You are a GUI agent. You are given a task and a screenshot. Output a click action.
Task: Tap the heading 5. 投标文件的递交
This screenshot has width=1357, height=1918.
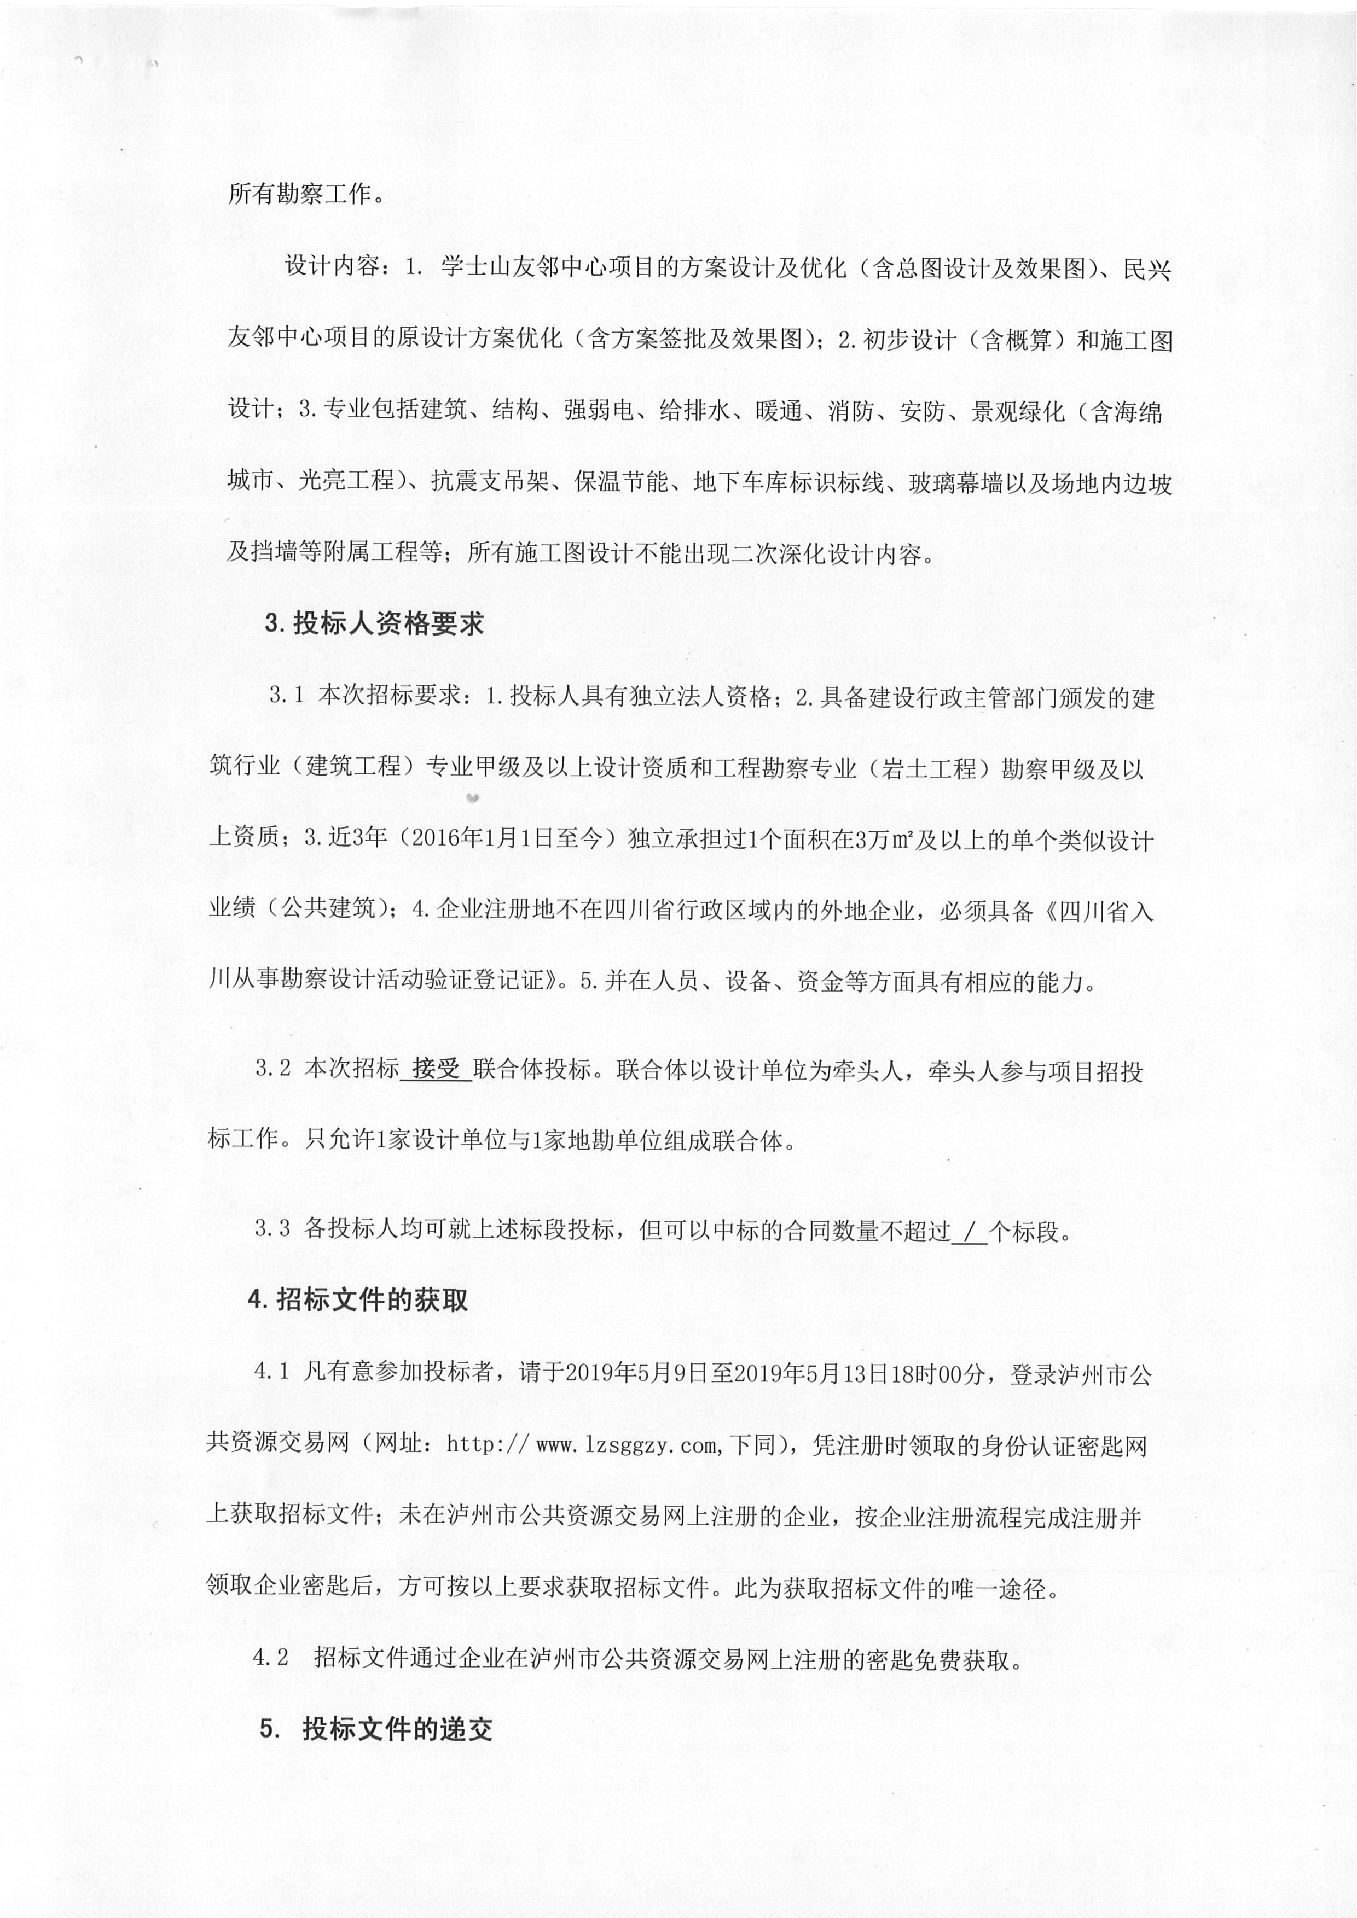pos(375,1728)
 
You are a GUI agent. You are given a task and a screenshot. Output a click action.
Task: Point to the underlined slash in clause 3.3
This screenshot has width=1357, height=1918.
pos(969,1231)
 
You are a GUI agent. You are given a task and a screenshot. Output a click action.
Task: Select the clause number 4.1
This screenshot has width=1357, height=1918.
pos(271,1373)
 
